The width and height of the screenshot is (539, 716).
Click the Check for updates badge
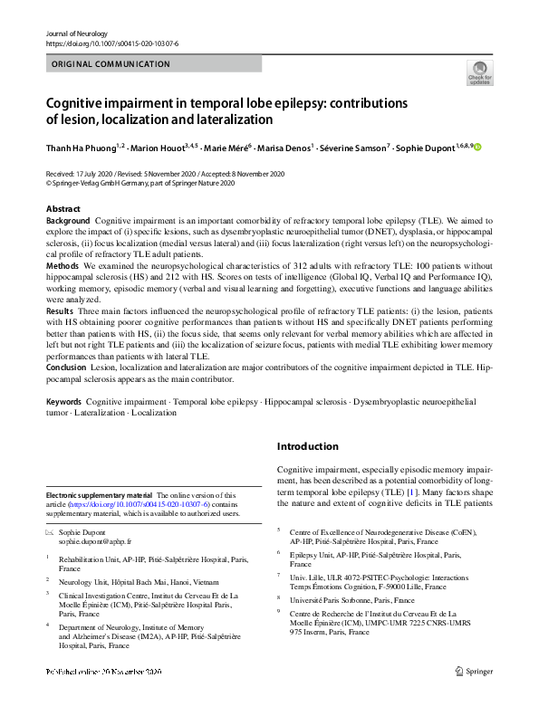tap(479, 72)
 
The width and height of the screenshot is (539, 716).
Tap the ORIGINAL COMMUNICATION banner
tap(111, 64)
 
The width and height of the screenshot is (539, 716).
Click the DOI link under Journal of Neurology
tap(104, 43)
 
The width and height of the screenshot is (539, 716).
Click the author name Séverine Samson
tap(361, 148)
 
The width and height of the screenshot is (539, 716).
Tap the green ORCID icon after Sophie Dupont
tap(478, 148)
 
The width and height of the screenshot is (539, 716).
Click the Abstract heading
tap(63, 209)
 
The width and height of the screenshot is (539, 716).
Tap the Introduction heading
tap(307, 447)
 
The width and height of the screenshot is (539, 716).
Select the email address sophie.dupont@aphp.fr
tap(92, 540)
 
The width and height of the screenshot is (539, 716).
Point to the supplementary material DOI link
tap(143, 504)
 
